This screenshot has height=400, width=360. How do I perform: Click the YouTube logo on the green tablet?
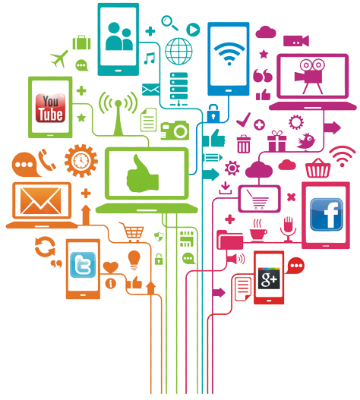point(50,109)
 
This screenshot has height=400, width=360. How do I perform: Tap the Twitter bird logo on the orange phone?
point(83,265)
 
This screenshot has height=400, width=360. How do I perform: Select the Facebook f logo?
point(327,215)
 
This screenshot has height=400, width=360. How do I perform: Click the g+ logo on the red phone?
point(269,279)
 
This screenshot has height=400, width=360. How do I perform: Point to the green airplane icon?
point(59,58)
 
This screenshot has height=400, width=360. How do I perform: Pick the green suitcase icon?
point(82,43)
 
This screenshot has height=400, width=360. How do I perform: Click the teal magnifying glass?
point(169,23)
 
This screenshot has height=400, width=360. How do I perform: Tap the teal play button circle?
point(193,30)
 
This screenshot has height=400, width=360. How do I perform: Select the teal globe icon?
point(178,51)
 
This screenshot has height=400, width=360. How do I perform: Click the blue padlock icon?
point(213,113)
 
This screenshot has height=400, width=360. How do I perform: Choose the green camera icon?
point(175,131)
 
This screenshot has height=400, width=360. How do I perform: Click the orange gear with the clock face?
point(81,161)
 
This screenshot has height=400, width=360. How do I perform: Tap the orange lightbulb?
point(134,260)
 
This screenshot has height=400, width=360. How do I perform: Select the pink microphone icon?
point(289,229)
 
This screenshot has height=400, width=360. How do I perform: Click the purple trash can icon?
point(244,144)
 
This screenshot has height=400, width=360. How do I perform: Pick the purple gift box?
point(276,141)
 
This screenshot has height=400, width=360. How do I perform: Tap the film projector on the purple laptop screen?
point(309,76)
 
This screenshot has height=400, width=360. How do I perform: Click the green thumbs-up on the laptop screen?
point(143,174)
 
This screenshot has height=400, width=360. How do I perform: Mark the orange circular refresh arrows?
point(45,247)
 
